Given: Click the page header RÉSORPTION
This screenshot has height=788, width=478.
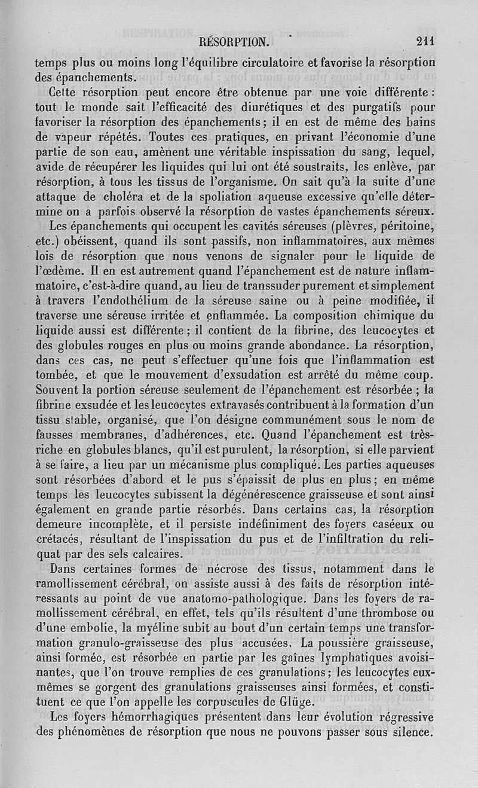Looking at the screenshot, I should pos(234,42).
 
